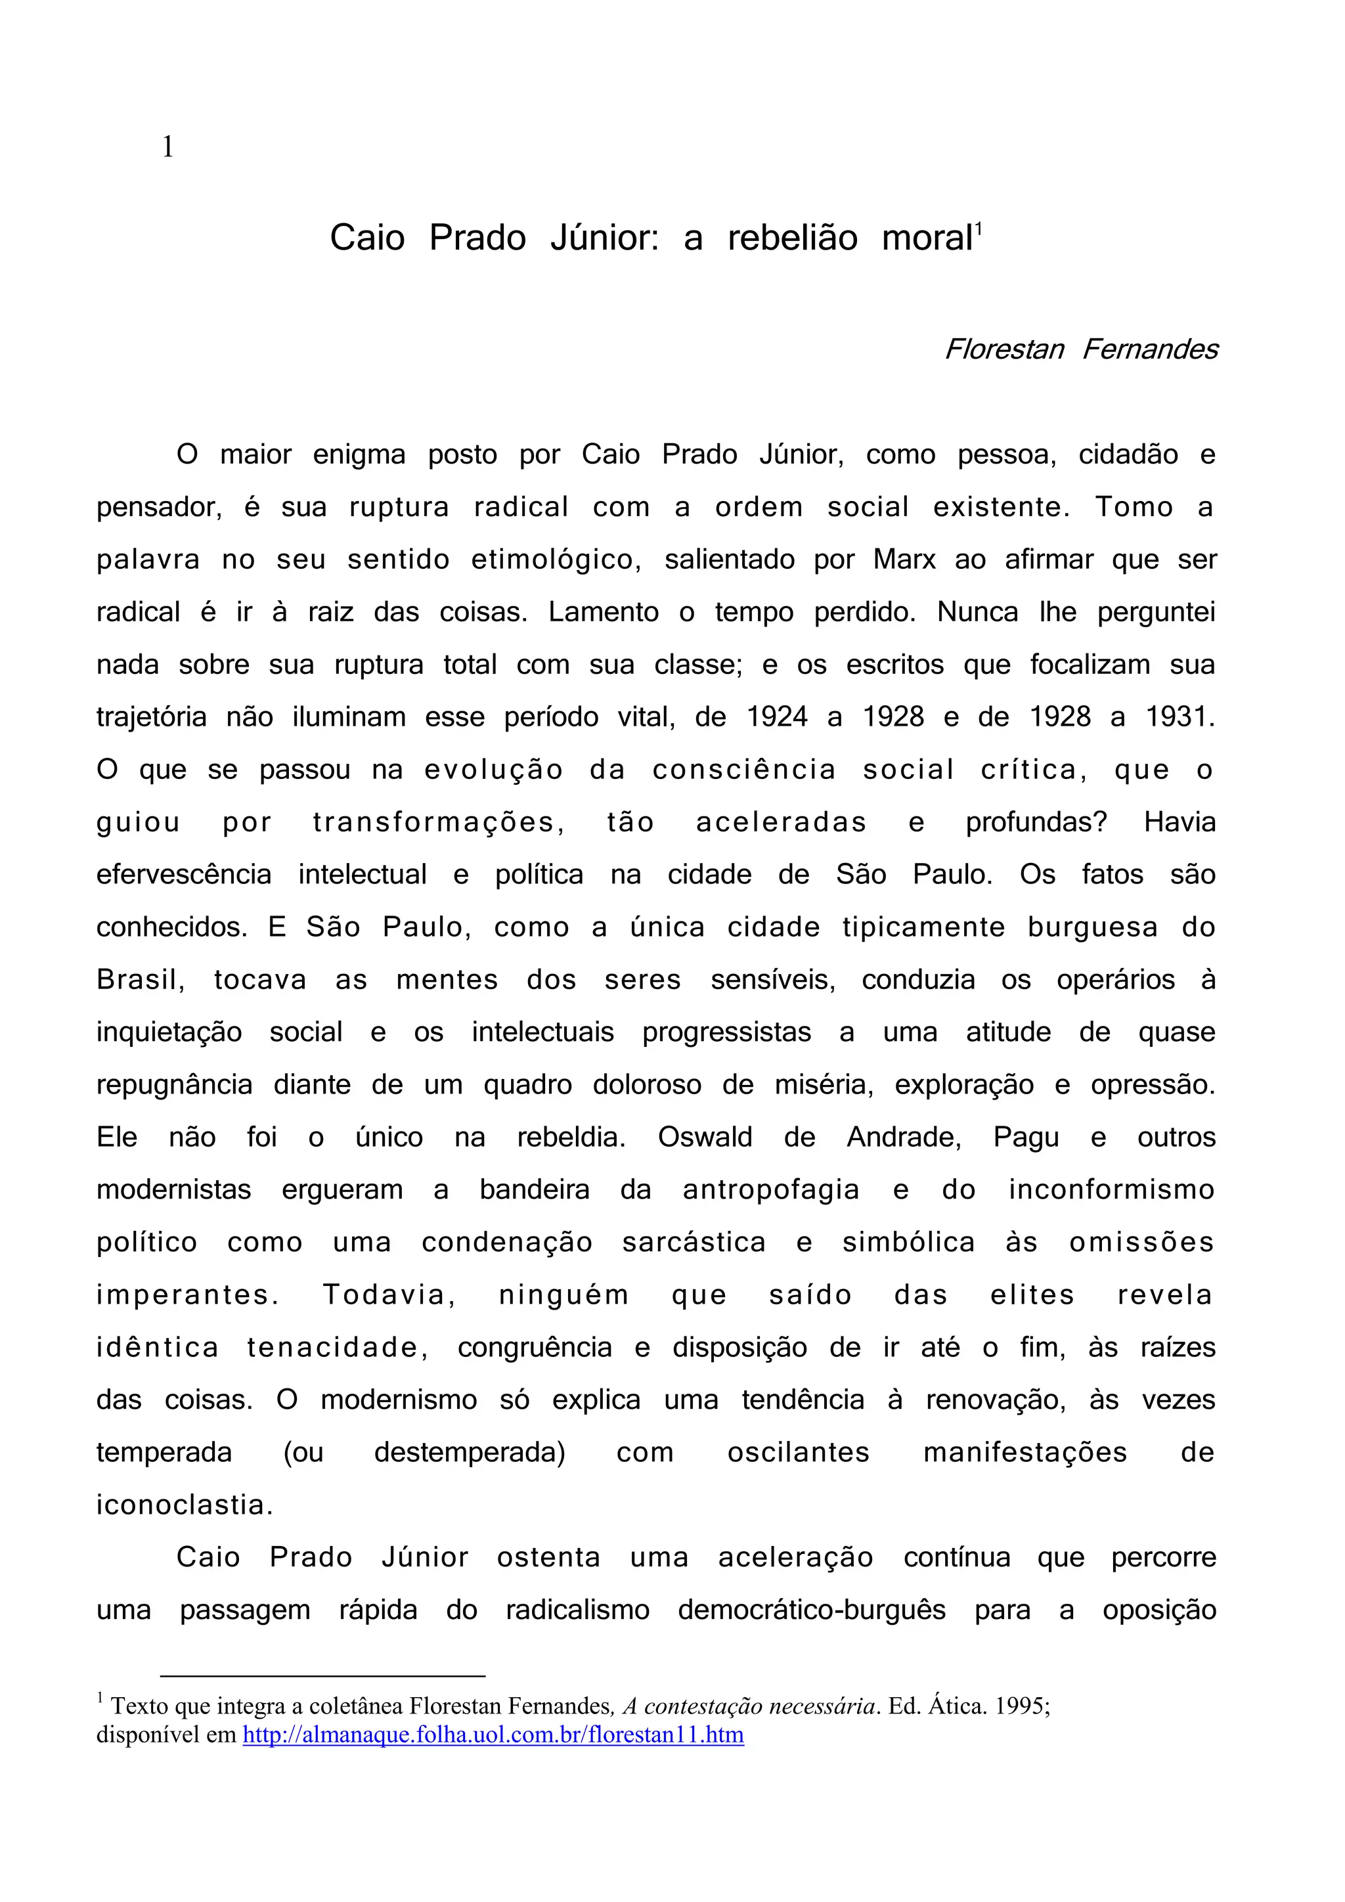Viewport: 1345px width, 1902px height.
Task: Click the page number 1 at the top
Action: point(168,148)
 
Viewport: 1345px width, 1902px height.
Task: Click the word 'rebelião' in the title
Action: point(793,238)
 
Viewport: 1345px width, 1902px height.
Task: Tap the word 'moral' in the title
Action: point(927,238)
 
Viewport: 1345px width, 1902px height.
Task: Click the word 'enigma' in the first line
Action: point(359,454)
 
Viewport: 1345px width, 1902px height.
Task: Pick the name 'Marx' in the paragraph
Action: point(904,560)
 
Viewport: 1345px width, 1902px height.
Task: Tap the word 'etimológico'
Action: point(556,560)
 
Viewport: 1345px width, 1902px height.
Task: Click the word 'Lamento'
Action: point(604,612)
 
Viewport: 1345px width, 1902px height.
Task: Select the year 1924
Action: point(777,717)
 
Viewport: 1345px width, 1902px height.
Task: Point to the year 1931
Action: point(1180,717)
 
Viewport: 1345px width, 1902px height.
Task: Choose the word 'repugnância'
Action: point(175,1085)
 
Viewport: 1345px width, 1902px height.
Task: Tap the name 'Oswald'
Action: point(705,1138)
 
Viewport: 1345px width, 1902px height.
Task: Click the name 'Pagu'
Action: point(1026,1138)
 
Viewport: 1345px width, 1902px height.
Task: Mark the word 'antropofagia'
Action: point(771,1191)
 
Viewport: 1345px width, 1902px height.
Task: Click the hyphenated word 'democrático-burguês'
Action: point(812,1610)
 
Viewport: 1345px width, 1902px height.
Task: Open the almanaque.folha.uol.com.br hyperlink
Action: point(493,1735)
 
